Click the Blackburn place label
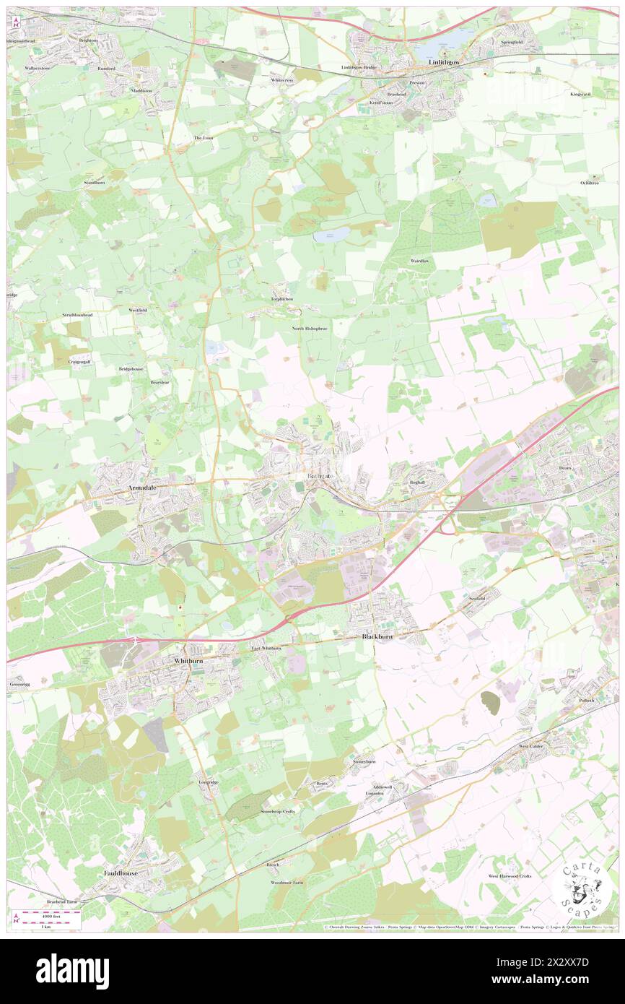(379, 636)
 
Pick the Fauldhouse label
(120, 873)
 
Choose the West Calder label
(535, 746)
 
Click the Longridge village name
(209, 782)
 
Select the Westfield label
(138, 310)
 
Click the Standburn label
(95, 183)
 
